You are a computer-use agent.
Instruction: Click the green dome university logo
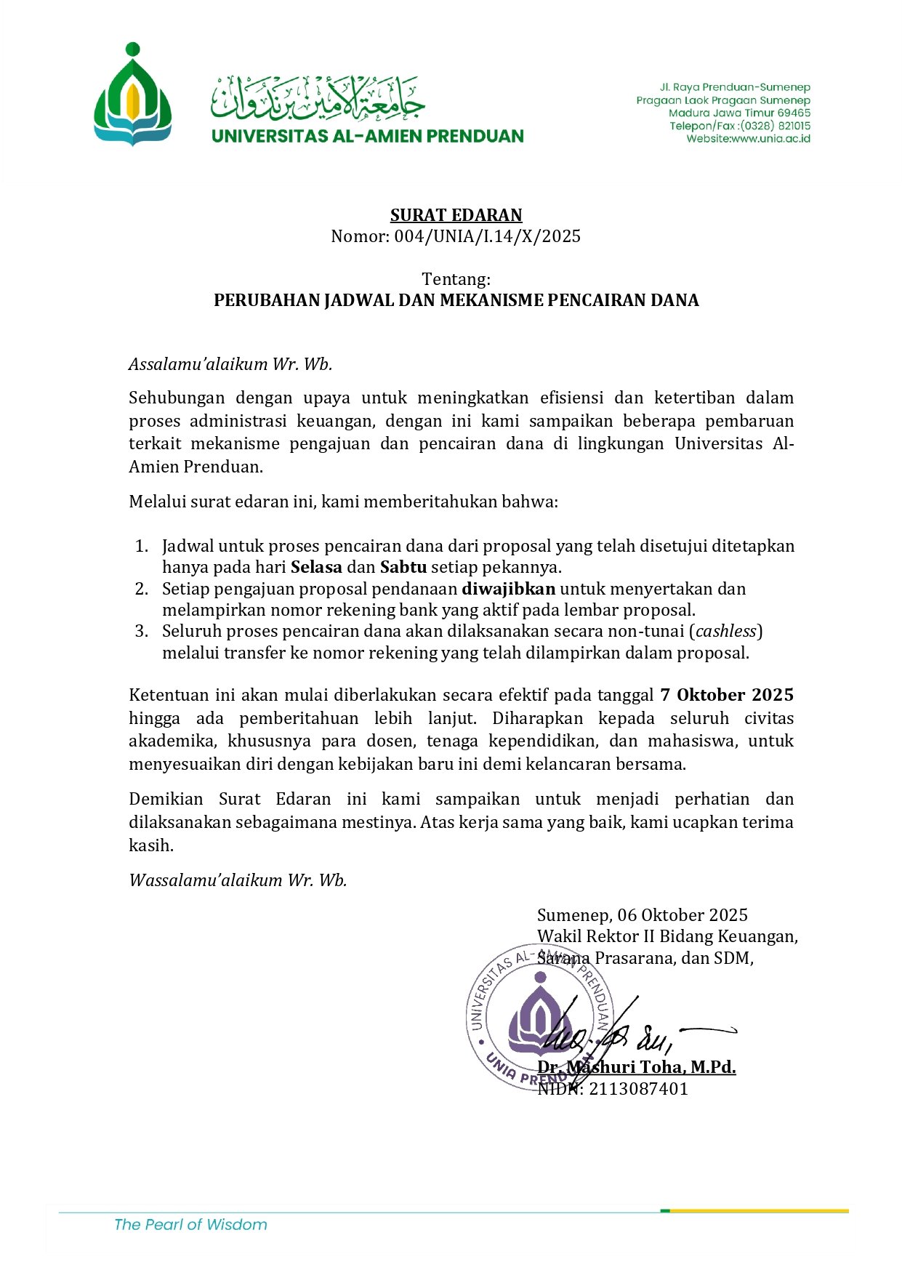pyautogui.click(x=132, y=95)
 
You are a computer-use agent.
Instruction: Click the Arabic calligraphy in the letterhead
pyautogui.click(x=318, y=98)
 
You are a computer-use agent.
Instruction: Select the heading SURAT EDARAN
pyautogui.click(x=456, y=215)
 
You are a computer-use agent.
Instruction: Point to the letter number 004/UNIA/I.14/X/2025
pyautogui.click(x=487, y=236)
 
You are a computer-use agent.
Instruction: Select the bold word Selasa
pyautogui.click(x=316, y=567)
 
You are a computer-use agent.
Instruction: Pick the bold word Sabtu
pyautogui.click(x=403, y=567)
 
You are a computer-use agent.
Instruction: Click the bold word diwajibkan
pyautogui.click(x=508, y=589)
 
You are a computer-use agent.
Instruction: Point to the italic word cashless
pyautogui.click(x=726, y=631)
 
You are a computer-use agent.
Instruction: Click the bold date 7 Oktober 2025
pyautogui.click(x=726, y=695)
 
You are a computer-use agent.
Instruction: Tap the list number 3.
pyautogui.click(x=141, y=631)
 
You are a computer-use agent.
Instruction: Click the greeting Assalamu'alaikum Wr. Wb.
pyautogui.click(x=230, y=364)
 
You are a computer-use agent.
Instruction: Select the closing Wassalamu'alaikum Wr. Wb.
pyautogui.click(x=238, y=880)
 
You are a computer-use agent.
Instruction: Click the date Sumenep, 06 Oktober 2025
pyautogui.click(x=642, y=915)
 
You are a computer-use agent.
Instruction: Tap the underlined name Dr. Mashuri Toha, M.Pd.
pyautogui.click(x=636, y=1067)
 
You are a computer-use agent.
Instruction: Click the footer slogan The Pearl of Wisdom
pyautogui.click(x=190, y=1225)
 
